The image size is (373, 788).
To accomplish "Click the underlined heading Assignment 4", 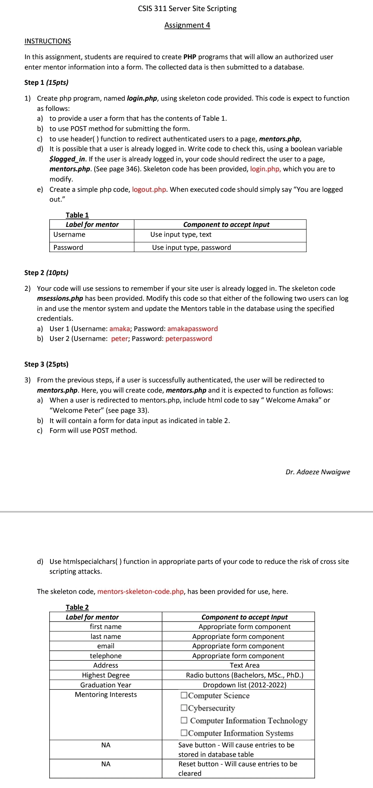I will pos(187,25).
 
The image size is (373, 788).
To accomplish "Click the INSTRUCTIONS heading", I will pos(48,41).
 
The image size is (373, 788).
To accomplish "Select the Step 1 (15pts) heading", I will pos(46,82).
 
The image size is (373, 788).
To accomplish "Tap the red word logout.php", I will pos(149,189).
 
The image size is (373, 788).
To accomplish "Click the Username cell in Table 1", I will pos(69,234).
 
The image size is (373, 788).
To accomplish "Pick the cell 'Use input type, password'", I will pos(192,247).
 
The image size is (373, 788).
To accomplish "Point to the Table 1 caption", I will pos(77,215).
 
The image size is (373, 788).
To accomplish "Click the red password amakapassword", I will pos(192,329).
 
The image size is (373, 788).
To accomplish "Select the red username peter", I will pos(119,339).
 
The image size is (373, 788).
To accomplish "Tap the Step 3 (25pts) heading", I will pos(46,364).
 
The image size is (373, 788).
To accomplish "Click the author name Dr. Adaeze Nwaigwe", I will pos(317,472).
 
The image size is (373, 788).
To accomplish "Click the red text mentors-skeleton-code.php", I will pos(140,591).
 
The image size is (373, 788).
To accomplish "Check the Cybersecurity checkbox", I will pos(184,708).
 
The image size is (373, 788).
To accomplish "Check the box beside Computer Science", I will pos(184,695).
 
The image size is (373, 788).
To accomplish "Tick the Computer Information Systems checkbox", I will pos(184,733).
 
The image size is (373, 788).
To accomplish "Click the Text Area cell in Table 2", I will pos(244,665).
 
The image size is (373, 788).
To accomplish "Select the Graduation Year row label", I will pos(106,685).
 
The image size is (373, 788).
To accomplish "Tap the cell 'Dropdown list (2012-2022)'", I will pos(244,685).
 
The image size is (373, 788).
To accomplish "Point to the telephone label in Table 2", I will pos(106,656).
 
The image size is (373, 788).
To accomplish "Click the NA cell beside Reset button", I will pos(106,764).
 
